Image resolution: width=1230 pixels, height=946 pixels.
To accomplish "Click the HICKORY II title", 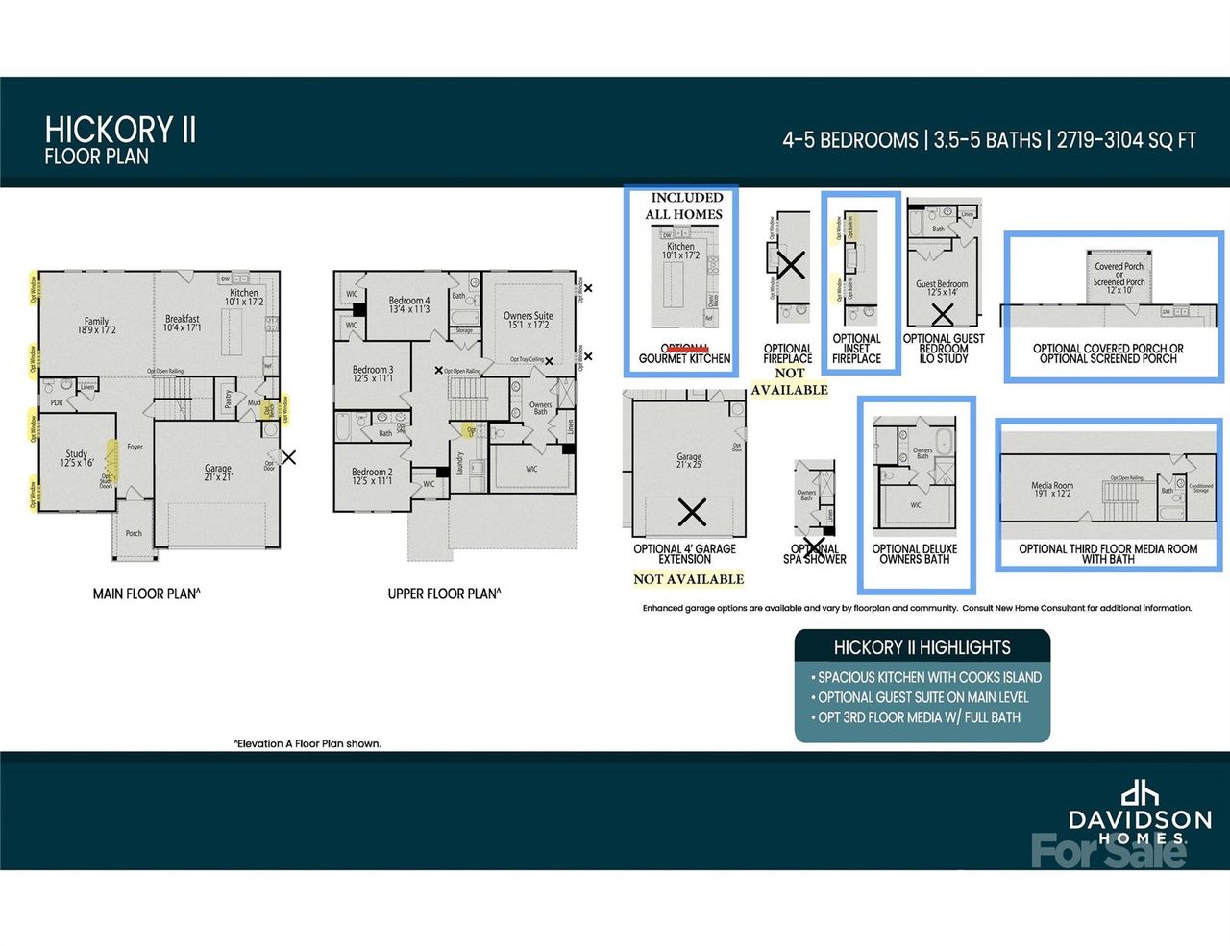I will [x=120, y=130].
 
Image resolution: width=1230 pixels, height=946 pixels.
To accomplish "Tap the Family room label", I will [x=96, y=326].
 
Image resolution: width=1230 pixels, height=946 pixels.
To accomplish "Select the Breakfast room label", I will [x=182, y=323].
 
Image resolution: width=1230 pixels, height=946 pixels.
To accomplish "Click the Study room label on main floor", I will [x=77, y=458].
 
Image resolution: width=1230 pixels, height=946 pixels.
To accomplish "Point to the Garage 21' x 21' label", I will [x=218, y=473].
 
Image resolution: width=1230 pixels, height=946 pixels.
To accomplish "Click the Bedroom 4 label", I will [x=409, y=304].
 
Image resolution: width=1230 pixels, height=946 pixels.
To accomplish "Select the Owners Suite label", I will [x=528, y=320].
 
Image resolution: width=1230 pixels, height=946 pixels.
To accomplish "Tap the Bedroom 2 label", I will [x=372, y=475].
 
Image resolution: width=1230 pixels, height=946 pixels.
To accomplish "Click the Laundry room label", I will [x=460, y=463].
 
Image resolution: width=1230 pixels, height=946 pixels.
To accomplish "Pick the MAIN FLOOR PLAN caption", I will [x=146, y=594].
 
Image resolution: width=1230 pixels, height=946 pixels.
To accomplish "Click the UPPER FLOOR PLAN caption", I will [x=444, y=594].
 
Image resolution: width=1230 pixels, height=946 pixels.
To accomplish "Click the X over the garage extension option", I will [x=692, y=512].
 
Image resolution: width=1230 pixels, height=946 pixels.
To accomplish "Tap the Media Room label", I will [x=1052, y=489].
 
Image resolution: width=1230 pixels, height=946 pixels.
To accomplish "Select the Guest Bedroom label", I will [x=942, y=288].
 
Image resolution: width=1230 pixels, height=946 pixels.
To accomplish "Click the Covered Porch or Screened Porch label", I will [x=1119, y=278].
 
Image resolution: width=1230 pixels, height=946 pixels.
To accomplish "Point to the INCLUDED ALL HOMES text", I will [x=684, y=206].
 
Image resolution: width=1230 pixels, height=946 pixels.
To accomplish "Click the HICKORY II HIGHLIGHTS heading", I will [x=922, y=647].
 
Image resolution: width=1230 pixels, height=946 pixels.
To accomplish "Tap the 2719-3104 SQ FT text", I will [x=1126, y=140].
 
